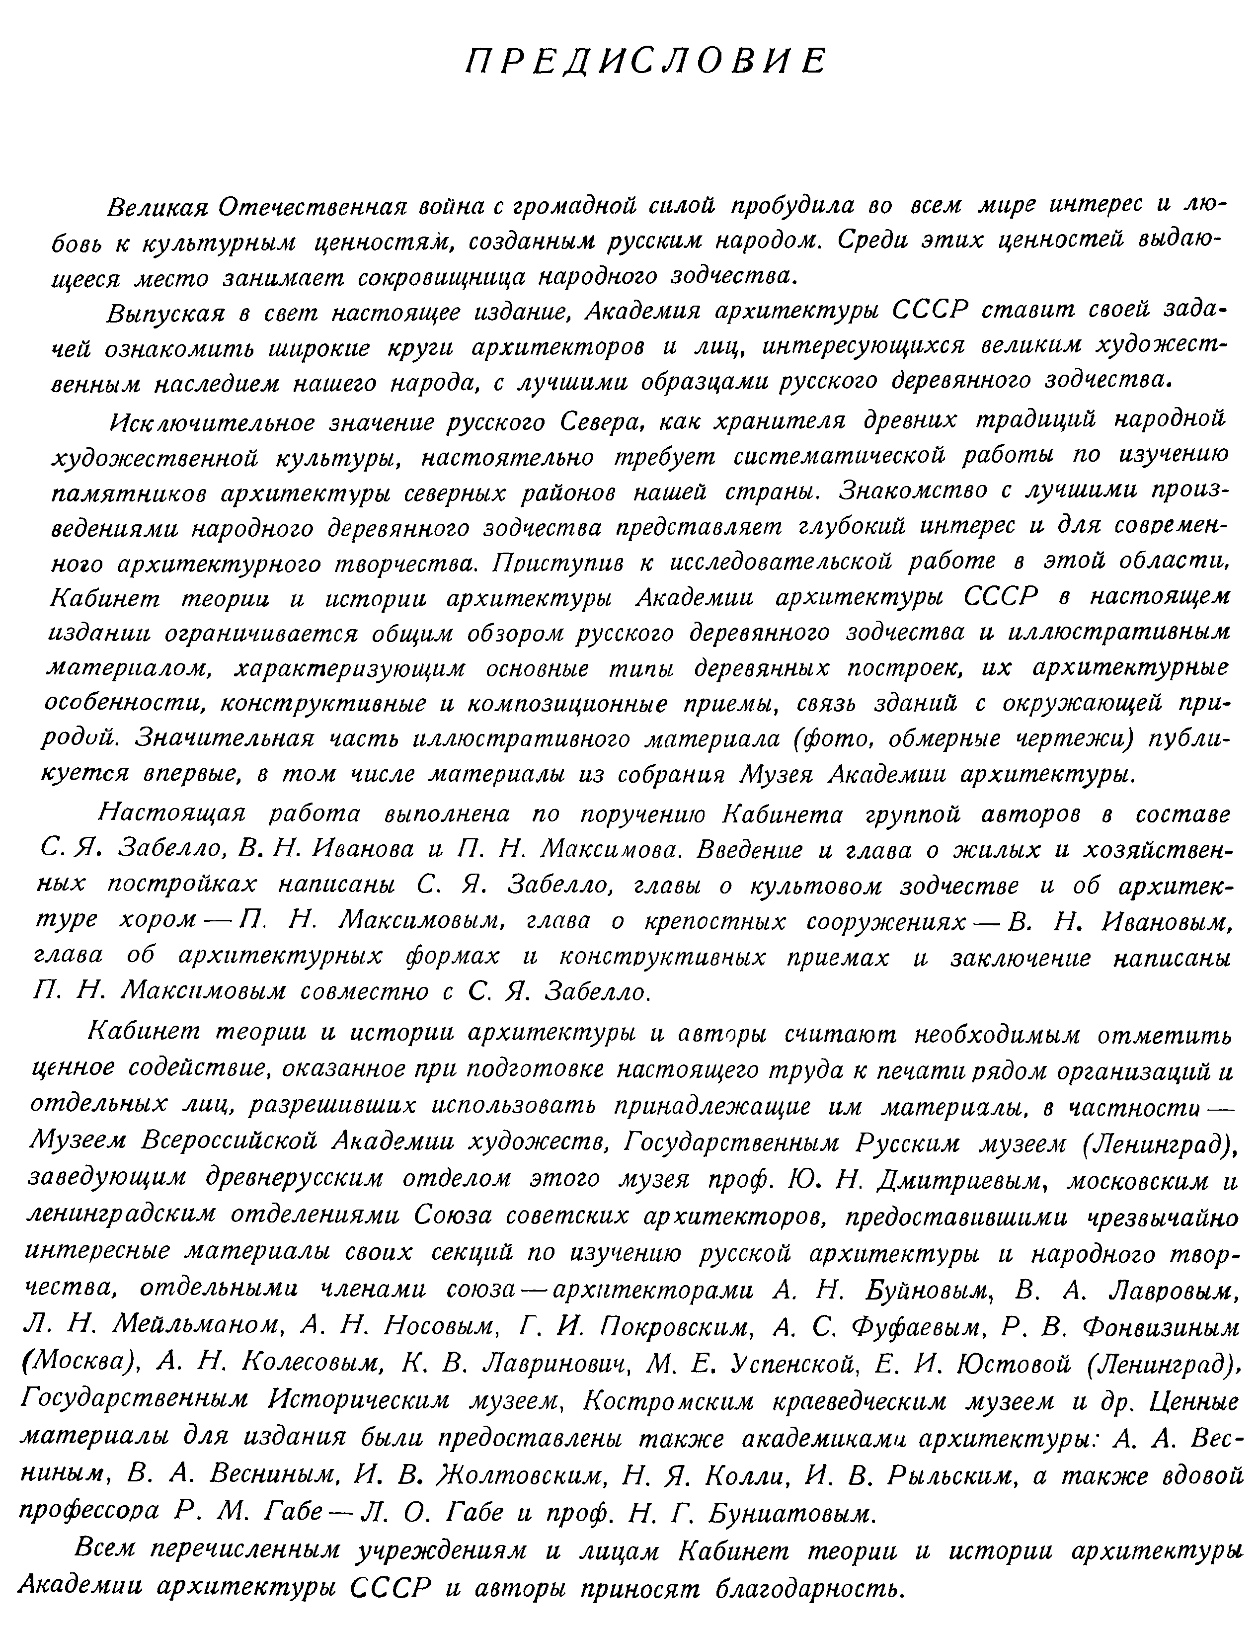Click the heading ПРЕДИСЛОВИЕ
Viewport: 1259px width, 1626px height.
[x=645, y=61]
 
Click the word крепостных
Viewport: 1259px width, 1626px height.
[x=711, y=922]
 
